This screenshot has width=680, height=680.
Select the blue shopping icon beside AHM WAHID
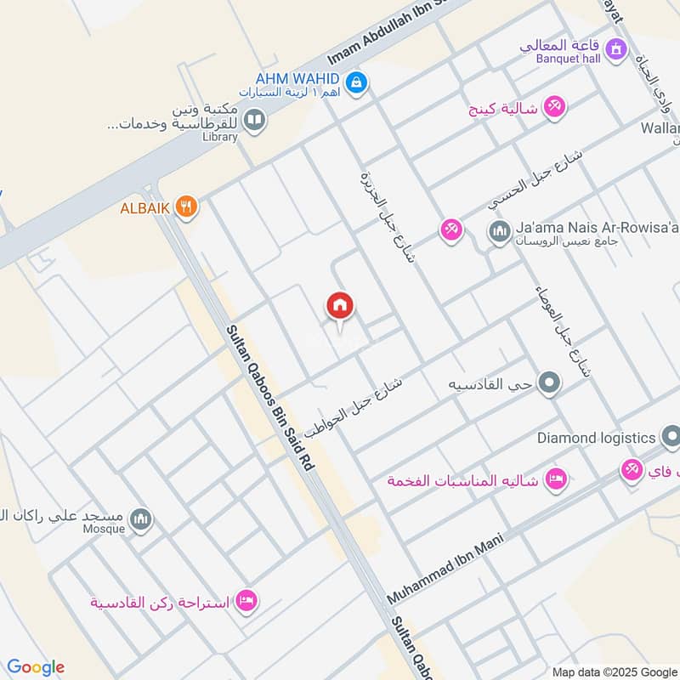pyautogui.click(x=358, y=82)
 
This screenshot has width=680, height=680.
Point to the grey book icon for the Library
pyautogui.click(x=253, y=121)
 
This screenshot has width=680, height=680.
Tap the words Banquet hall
pyautogui.click(x=568, y=59)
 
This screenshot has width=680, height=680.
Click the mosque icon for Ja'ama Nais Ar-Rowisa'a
pyautogui.click(x=499, y=229)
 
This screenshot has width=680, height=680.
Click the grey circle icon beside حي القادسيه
pyautogui.click(x=550, y=383)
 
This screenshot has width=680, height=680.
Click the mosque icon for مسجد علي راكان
pyautogui.click(x=141, y=518)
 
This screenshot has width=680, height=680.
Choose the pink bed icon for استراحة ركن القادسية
pyautogui.click(x=247, y=601)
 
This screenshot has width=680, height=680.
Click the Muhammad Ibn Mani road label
pyautogui.click(x=445, y=569)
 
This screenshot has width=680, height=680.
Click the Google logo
pyautogui.click(x=36, y=667)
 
